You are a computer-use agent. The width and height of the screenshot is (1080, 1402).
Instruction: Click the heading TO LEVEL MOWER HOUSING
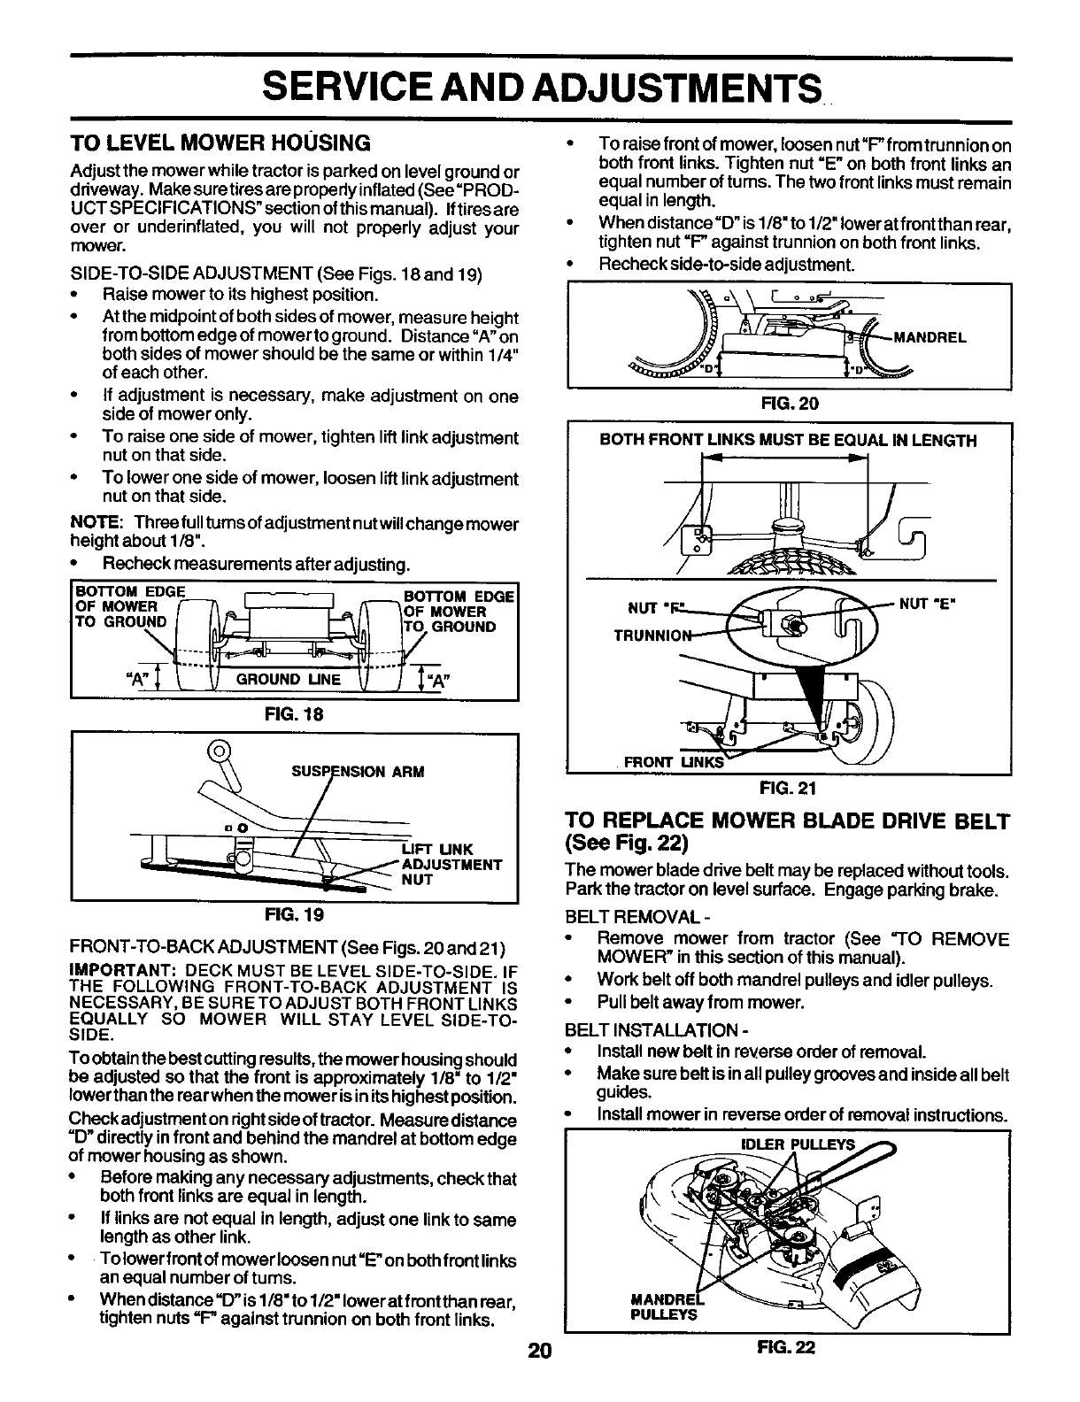pyautogui.click(x=220, y=143)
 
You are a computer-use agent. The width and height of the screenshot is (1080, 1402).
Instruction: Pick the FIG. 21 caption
pyautogui.click(x=790, y=788)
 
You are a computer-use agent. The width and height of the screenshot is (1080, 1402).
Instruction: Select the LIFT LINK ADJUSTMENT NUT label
pyautogui.click(x=451, y=864)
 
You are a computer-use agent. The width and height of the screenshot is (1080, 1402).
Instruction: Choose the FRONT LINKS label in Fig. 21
pyautogui.click(x=674, y=762)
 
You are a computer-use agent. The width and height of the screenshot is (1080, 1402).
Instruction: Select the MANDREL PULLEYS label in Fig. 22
pyautogui.click(x=665, y=1307)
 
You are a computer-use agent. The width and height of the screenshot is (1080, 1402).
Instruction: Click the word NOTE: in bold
pyautogui.click(x=91, y=523)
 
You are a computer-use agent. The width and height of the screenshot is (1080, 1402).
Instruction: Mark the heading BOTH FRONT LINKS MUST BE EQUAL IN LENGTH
pyautogui.click(x=788, y=440)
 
